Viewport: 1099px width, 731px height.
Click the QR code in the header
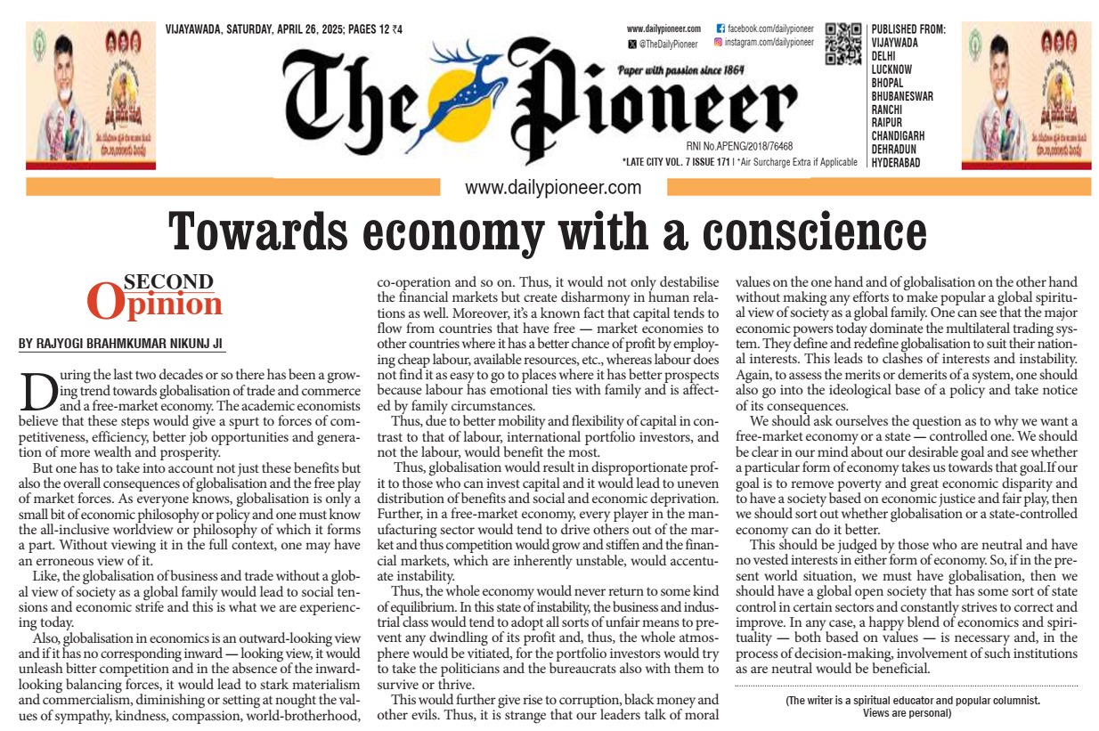tap(843, 44)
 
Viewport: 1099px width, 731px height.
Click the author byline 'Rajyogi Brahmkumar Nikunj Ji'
tap(120, 343)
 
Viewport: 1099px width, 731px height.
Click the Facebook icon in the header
tap(720, 29)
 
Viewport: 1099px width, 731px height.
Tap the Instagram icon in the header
tap(719, 42)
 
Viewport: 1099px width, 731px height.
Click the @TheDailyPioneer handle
tap(666, 42)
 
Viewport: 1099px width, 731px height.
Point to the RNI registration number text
tap(739, 145)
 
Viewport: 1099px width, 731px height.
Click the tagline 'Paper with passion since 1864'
tap(680, 69)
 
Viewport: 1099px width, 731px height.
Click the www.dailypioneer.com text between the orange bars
tap(552, 188)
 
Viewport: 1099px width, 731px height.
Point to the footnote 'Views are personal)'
tap(913, 712)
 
